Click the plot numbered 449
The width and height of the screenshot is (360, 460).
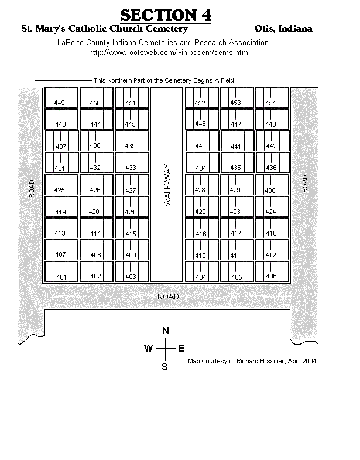click(x=61, y=97)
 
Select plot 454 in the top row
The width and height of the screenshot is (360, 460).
click(x=272, y=97)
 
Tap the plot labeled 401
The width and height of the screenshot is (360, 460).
click(x=61, y=272)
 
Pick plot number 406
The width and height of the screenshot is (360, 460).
click(x=272, y=272)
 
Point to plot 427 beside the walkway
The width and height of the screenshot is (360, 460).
click(x=132, y=185)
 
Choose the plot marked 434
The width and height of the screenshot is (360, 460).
click(x=202, y=163)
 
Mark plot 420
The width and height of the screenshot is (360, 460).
click(x=97, y=206)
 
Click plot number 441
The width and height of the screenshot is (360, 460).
click(x=237, y=141)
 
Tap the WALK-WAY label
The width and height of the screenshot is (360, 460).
click(x=167, y=185)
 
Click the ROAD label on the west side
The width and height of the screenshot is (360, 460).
click(x=32, y=189)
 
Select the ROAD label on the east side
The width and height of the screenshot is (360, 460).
click(x=305, y=183)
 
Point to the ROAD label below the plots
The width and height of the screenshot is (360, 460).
click(x=168, y=297)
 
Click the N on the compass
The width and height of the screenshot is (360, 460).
click(x=166, y=330)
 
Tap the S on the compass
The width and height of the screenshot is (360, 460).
click(x=164, y=367)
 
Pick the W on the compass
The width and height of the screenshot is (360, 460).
click(x=148, y=348)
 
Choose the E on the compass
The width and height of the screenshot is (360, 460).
click(x=181, y=348)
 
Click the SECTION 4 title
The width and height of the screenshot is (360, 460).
click(x=166, y=15)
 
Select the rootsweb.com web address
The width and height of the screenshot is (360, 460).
click(x=169, y=53)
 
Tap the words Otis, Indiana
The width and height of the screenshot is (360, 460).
click(x=283, y=29)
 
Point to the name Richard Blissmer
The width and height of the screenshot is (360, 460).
click(x=260, y=361)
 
